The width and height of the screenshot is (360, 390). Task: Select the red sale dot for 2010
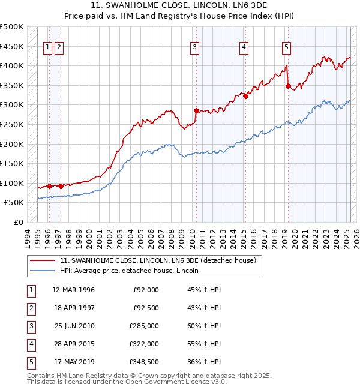(x=196, y=110)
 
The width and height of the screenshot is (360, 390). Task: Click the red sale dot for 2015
(x=245, y=96)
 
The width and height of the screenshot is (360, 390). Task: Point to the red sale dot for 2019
(x=288, y=86)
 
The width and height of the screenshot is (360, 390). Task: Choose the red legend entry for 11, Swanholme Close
(x=158, y=260)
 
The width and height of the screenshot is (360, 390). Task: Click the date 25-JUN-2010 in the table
(x=74, y=326)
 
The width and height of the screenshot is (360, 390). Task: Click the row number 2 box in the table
(x=30, y=308)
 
